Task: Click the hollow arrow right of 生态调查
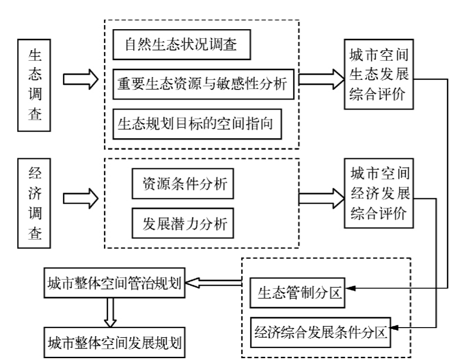pyautogui.click(x=80, y=79)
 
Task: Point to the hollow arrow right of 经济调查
pyautogui.click(x=80, y=198)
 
